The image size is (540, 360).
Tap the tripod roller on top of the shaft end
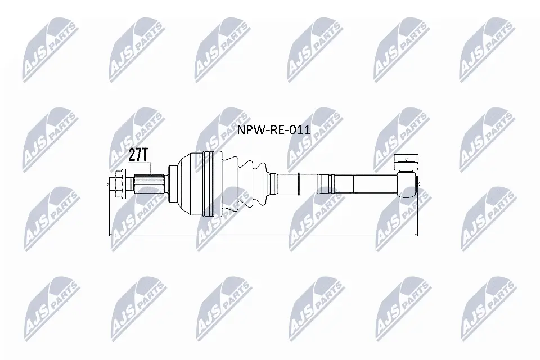406,163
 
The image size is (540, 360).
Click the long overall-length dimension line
264,233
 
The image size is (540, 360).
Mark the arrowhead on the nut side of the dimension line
111,233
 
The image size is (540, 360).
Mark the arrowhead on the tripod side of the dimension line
417,233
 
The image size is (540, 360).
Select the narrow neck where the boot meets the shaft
273,183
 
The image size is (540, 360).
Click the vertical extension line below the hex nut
109,214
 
